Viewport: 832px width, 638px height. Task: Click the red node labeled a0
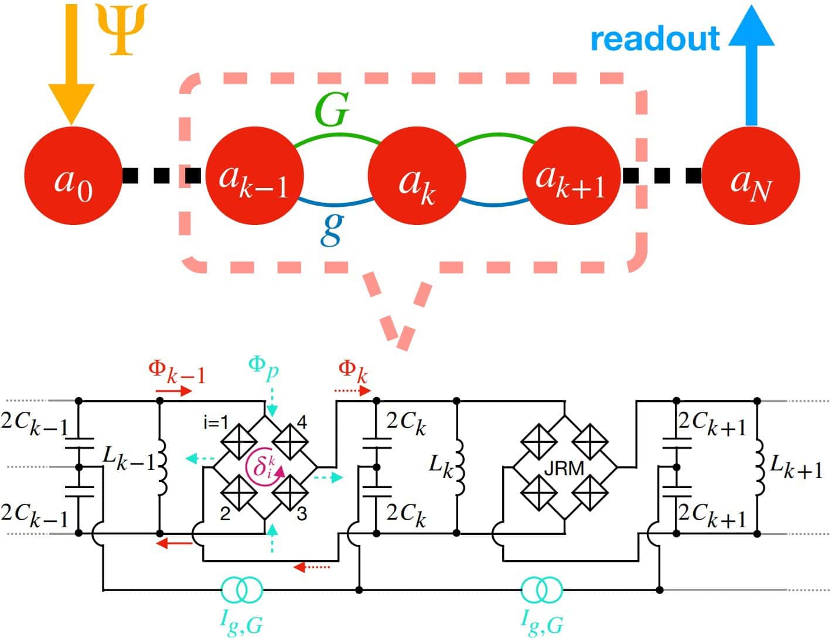pos(72,175)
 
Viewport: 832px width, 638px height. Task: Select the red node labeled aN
pos(751,175)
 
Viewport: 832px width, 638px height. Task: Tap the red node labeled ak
pos(417,175)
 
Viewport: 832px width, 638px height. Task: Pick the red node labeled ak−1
pos(255,175)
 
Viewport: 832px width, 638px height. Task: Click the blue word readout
pos(655,39)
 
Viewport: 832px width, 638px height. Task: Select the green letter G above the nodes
pos(332,110)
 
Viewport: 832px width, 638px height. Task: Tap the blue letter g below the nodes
pos(332,230)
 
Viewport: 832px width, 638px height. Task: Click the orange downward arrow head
pos(71,103)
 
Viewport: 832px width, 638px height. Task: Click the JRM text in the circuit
pos(564,469)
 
